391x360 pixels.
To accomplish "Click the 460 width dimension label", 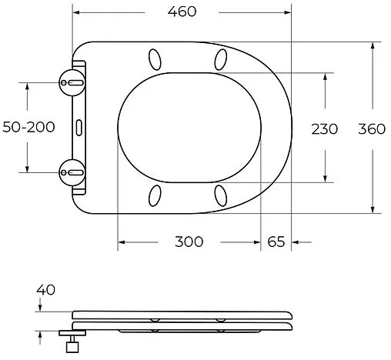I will (x=183, y=12).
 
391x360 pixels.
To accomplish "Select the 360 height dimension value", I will (x=372, y=128).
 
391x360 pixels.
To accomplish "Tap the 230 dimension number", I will (x=324, y=128).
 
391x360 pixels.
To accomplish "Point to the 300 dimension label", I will (x=189, y=242).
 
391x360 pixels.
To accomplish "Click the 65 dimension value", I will (x=276, y=242).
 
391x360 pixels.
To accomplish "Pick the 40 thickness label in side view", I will (x=45, y=290).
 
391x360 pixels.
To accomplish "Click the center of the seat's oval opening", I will (x=189, y=127).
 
